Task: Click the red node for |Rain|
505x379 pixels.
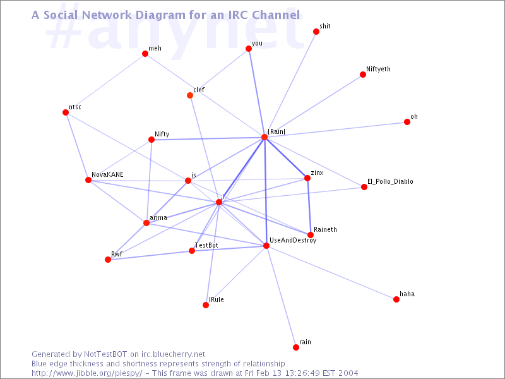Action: point(264,137)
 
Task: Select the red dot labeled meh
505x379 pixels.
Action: point(145,54)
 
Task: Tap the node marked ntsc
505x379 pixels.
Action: point(66,112)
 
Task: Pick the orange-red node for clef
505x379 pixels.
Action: point(190,95)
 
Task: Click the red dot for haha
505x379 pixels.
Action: point(396,299)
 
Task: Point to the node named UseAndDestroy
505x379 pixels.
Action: point(266,246)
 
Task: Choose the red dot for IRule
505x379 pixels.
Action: point(206,305)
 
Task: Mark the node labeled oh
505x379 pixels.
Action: point(407,122)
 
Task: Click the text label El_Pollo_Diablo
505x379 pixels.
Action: point(390,181)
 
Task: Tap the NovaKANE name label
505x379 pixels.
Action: point(107,174)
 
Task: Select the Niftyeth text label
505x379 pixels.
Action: point(378,69)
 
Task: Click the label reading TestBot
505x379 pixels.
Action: point(207,245)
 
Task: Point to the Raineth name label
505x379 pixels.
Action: point(325,229)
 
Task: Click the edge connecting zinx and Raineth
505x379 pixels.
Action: point(309,207)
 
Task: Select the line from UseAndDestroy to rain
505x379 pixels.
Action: point(281,296)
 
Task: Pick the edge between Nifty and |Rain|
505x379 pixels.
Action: point(208,138)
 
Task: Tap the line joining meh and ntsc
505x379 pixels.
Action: point(105,83)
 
